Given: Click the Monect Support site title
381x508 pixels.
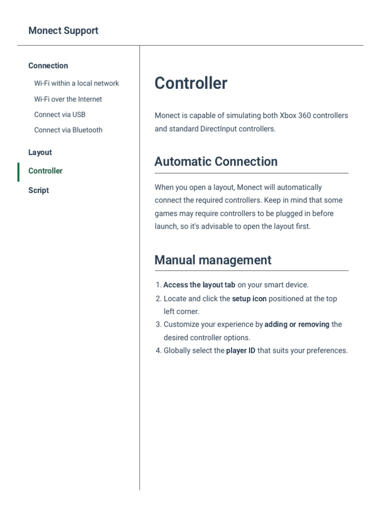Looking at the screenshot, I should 63,31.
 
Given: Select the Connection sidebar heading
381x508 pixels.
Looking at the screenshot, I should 48,65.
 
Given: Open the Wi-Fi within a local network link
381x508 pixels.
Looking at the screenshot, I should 76,83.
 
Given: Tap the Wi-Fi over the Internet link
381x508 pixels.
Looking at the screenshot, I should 68,99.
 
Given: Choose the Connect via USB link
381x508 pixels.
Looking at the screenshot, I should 60,115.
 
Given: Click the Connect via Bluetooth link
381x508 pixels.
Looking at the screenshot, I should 68,130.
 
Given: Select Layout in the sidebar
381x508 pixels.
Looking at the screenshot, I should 40,152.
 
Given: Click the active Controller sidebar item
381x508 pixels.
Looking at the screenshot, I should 45,171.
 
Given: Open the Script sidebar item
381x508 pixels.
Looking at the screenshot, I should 39,190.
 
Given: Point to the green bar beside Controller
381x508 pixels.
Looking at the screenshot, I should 18,172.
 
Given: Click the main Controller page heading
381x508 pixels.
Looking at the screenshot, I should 190,83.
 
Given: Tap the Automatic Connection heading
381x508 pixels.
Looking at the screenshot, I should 216,162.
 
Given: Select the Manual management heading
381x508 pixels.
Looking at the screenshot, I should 213,260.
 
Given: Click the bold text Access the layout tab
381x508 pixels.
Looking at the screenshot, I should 199,285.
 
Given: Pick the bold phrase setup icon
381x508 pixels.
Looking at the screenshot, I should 249,299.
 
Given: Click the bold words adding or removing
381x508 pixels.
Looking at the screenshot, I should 297,324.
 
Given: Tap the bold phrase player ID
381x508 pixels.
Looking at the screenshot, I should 241,351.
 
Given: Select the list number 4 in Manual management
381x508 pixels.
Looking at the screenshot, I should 158,351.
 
